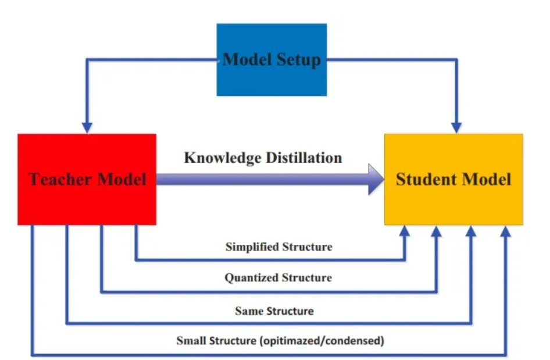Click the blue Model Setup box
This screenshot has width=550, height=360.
pos(272,60)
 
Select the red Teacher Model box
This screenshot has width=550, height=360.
pos(87,179)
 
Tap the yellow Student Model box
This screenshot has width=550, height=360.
pos(453,179)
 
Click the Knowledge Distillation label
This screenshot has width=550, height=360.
pos(263,158)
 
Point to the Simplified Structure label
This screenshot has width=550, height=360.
pos(279,247)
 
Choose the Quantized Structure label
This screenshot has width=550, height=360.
pos(278,277)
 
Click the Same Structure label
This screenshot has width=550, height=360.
pos(274,311)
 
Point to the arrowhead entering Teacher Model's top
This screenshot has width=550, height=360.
pos(87,128)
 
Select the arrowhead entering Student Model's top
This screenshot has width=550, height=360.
pos(456,128)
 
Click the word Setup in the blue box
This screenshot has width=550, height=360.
pos(298,60)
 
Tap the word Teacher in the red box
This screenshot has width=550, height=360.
pos(60,179)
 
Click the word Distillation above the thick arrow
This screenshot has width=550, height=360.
pos(303,158)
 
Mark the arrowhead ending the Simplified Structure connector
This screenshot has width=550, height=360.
pos(405,231)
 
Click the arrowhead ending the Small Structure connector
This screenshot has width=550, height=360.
pos(505,231)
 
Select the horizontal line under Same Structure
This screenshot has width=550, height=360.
pos(269,323)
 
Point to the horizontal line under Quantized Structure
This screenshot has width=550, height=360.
pos(269,291)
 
